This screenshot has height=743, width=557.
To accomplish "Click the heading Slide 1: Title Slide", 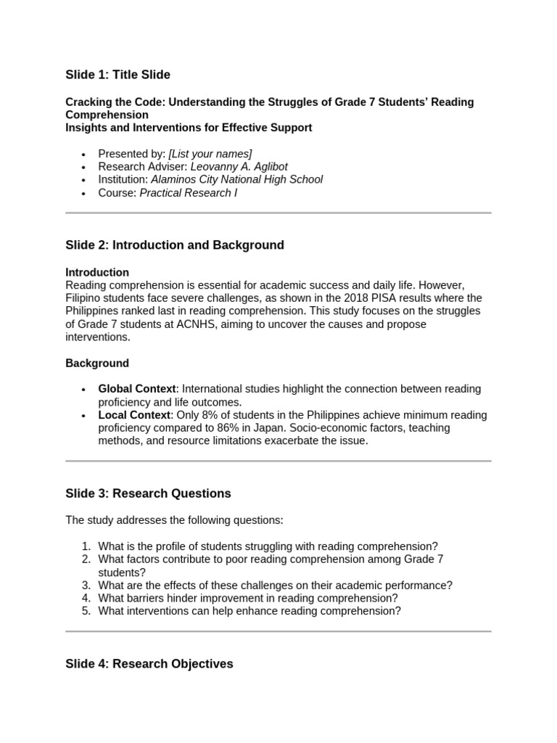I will point(117,75).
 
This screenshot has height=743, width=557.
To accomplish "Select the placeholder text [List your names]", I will point(210,153).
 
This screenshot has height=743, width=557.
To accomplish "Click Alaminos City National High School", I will point(236,179).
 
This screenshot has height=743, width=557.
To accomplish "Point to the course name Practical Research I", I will point(188,192).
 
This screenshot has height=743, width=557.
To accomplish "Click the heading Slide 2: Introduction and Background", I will point(175,245).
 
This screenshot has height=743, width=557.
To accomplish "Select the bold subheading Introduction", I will point(97,272).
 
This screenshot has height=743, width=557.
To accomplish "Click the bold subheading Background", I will point(97,363).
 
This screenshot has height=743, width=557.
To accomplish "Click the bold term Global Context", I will point(137,389).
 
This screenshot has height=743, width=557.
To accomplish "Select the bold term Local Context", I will point(134,415).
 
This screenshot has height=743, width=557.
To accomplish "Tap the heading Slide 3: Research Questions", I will point(148,493).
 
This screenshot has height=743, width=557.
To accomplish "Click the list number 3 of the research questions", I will point(86,585).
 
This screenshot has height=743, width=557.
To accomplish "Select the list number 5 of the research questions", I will point(86,611).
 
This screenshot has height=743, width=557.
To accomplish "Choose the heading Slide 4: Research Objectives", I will point(149,664).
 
